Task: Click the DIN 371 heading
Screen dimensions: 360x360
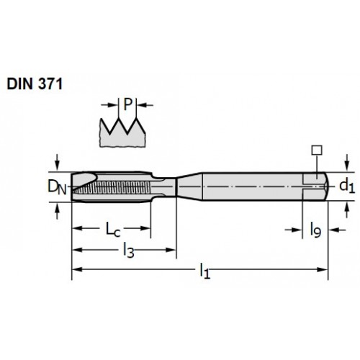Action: (x=35, y=84)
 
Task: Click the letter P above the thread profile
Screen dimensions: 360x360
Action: (x=128, y=104)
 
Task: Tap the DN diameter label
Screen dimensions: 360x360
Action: (x=57, y=187)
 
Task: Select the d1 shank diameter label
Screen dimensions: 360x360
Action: (x=347, y=186)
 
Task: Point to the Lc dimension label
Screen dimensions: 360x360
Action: (x=113, y=229)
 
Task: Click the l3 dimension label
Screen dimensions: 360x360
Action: (x=128, y=251)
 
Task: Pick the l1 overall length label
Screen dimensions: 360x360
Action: (x=205, y=271)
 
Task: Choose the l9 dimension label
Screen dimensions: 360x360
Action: (x=315, y=230)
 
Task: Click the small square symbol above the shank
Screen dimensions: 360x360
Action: (x=317, y=150)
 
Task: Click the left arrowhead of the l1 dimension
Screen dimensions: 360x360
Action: (x=77, y=269)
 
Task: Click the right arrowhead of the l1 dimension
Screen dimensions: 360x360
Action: (x=323, y=269)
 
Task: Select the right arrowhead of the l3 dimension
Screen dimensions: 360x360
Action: (x=171, y=250)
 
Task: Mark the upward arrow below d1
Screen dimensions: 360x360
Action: (x=346, y=210)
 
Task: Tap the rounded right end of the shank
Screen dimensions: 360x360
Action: (x=326, y=186)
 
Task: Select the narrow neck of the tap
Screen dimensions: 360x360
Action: (x=165, y=186)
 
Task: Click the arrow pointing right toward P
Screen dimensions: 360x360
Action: (x=110, y=104)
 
